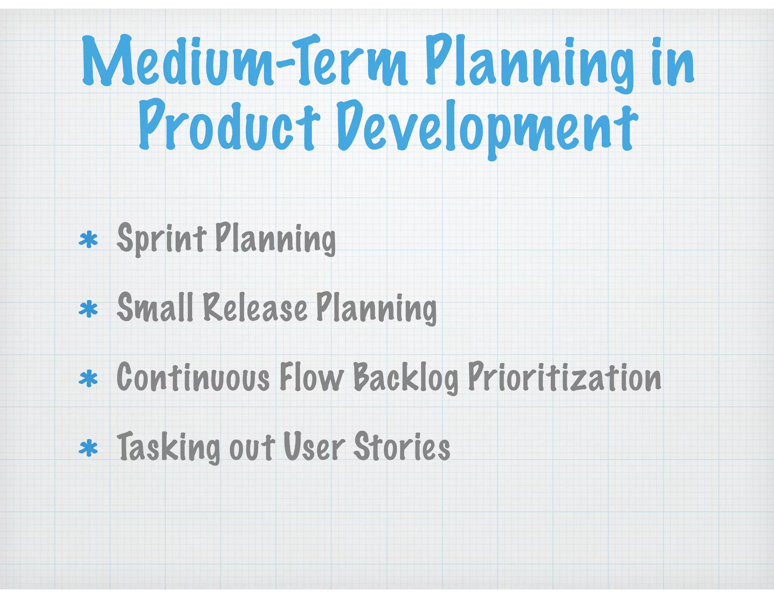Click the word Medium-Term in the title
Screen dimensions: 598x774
(244, 60)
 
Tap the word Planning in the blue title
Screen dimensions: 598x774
(529, 62)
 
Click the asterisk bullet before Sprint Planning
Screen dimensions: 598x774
(88, 240)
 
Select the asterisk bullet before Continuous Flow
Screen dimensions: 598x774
(88, 379)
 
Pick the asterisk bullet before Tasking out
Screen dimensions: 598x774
(88, 448)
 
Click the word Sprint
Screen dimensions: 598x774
(162, 238)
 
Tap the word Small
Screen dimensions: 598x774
(155, 308)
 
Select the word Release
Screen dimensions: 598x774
(255, 308)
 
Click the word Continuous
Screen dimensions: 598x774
(193, 377)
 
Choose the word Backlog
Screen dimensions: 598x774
(406, 378)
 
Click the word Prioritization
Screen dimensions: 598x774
(565, 377)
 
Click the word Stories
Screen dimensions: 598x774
(402, 447)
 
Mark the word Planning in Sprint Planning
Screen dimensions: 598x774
(275, 239)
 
